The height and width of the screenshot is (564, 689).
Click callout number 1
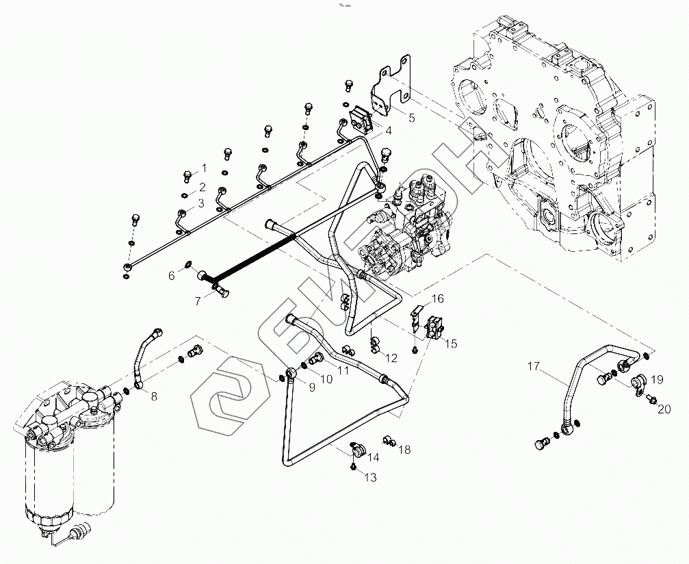coord(203,168)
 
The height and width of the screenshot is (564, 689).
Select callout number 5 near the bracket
coord(412,118)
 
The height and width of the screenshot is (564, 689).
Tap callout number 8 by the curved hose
coord(153,395)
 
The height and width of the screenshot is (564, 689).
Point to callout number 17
coord(533,367)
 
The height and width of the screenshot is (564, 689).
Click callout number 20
coord(664,409)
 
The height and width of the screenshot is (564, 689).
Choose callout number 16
coord(437,298)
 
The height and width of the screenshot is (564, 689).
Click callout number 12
coord(391,357)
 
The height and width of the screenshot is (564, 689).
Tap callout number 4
coord(388,130)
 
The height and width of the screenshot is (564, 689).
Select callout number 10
coord(327,379)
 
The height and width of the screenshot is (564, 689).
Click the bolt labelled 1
coord(187,176)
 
